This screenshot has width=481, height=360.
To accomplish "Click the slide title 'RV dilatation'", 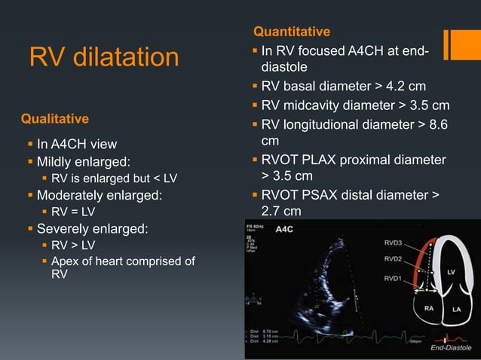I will (x=104, y=57).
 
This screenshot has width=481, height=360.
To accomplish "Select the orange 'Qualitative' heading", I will (x=55, y=119).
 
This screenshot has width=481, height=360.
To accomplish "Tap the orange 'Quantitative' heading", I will (x=291, y=32).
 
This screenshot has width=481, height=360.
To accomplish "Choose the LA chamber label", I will (x=457, y=310).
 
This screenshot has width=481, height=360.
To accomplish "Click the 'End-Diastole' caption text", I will (x=451, y=347).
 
